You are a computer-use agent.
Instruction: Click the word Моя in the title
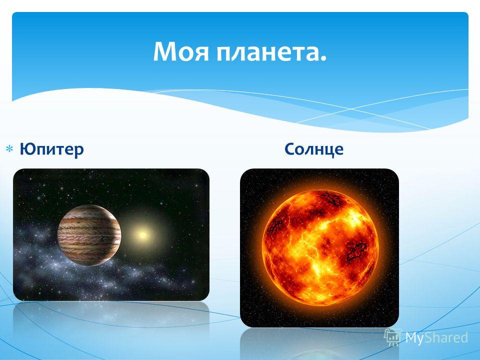click(x=181, y=52)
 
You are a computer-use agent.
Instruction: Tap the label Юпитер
click(x=51, y=149)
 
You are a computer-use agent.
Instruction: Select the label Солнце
click(x=314, y=149)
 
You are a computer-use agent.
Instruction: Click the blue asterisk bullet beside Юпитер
click(x=9, y=149)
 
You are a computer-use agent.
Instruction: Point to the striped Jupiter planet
click(x=89, y=235)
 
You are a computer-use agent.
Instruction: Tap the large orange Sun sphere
click(x=320, y=248)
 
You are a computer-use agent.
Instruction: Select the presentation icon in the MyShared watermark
click(x=393, y=337)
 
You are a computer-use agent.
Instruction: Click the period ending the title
click(x=323, y=59)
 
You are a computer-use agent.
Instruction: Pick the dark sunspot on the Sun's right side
click(x=355, y=249)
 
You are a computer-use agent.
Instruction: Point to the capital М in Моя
click(x=165, y=52)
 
